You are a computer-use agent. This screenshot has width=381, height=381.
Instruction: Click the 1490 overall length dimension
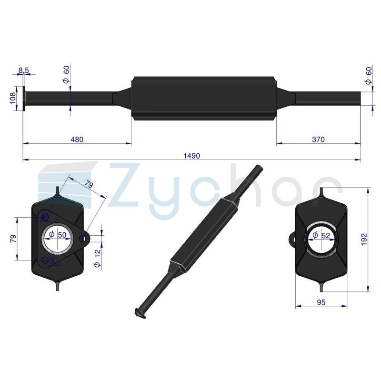pos(191,156)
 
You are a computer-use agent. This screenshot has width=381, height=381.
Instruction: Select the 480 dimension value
pos(77,140)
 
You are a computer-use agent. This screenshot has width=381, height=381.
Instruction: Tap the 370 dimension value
pos(318,140)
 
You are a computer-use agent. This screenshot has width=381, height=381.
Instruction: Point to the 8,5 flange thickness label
pos(23,70)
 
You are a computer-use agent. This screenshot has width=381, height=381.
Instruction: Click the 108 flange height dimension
pos(13,98)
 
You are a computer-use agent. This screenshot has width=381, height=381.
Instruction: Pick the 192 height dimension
pos(364,240)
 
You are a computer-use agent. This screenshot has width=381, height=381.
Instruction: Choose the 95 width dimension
pos(321,302)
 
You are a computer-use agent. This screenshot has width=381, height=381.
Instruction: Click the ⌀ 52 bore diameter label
pos(321,235)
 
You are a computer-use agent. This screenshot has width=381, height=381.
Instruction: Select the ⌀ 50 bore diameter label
pos(57,235)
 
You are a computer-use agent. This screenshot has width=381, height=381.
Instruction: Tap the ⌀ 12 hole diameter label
pos(98,258)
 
